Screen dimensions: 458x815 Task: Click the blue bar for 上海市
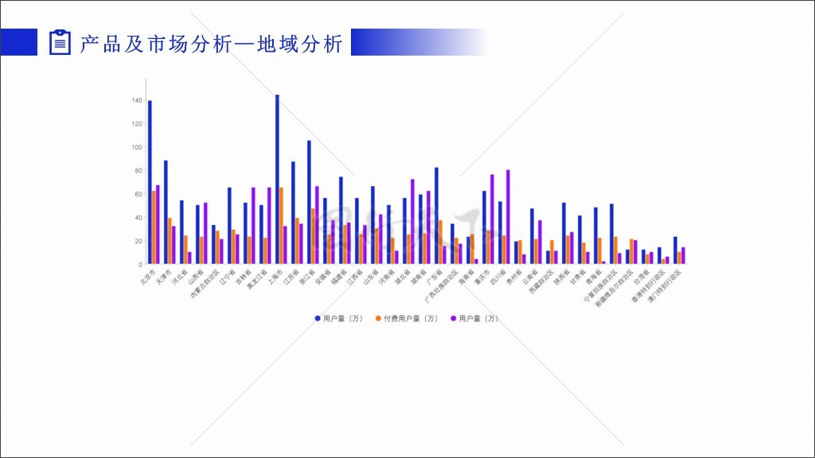[x=277, y=180]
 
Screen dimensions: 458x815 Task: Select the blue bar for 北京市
[x=150, y=182]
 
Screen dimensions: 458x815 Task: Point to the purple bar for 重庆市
[x=492, y=219]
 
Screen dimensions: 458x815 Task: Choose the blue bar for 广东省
[x=436, y=215]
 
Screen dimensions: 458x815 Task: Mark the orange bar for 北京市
[x=154, y=227]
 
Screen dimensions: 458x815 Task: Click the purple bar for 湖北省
[x=412, y=221]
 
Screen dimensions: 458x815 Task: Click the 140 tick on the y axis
[x=137, y=101]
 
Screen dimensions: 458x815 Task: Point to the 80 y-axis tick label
[x=138, y=171]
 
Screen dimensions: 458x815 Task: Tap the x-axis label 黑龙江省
[x=255, y=280]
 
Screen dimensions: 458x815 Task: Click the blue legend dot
[x=318, y=319]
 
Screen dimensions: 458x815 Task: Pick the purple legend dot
[x=453, y=319]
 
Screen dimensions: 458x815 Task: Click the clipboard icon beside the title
[x=60, y=42]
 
